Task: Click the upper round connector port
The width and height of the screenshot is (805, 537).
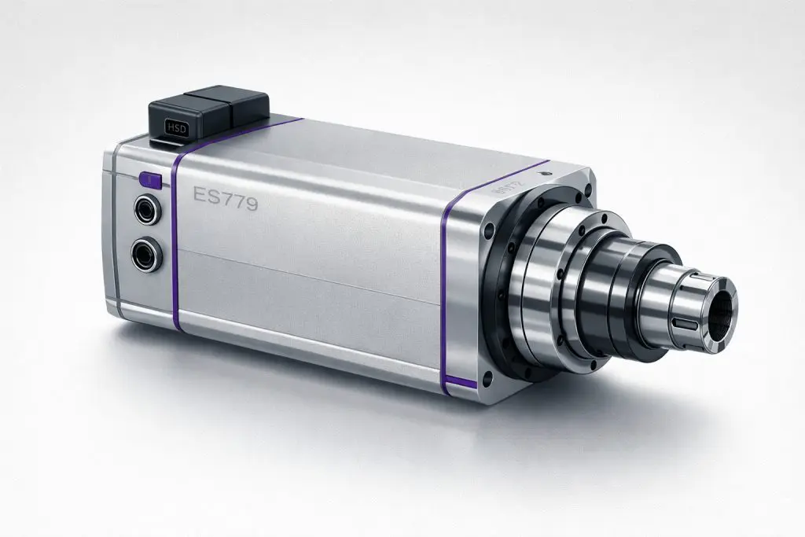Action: coord(147,210)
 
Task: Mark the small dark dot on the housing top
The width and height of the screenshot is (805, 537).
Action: coord(545,171)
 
